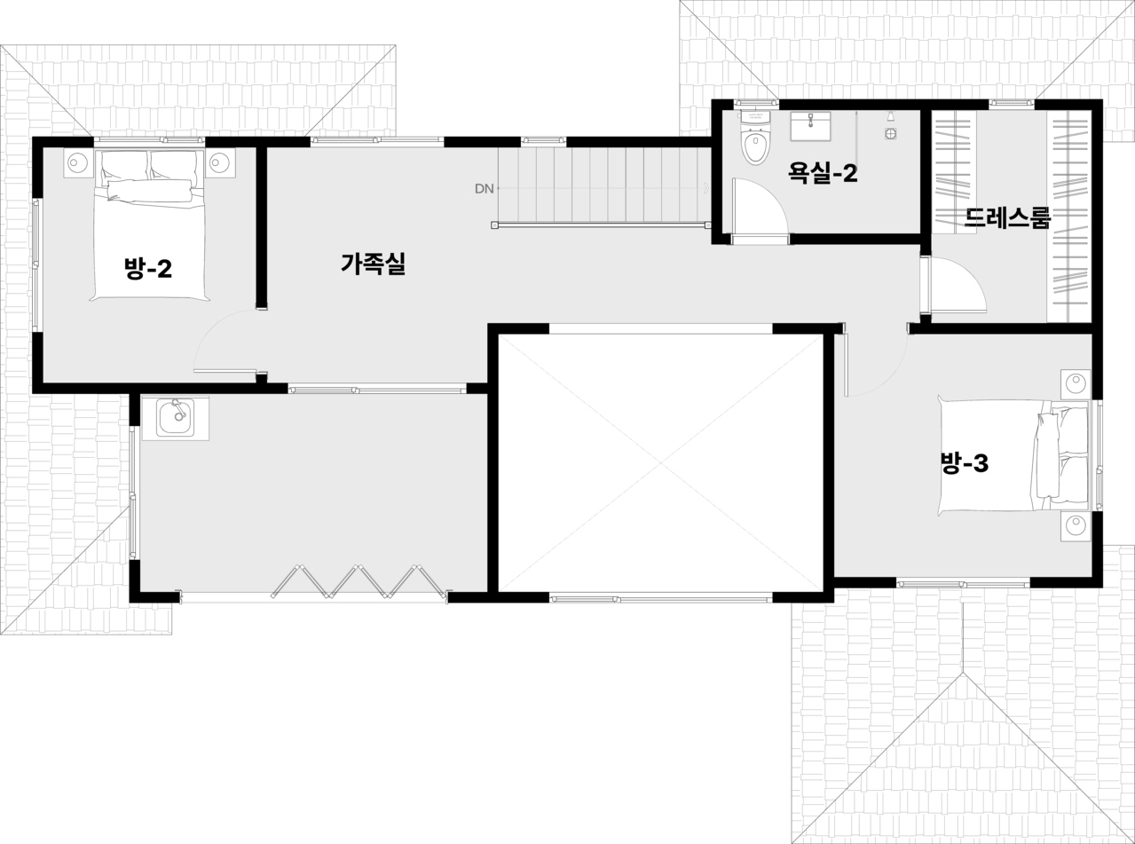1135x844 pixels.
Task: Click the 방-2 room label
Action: (x=148, y=268)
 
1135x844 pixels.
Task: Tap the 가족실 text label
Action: (x=373, y=264)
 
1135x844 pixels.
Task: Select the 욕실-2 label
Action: (x=824, y=173)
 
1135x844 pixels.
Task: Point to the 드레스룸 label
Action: (x=1007, y=218)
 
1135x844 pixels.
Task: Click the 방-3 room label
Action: (x=964, y=462)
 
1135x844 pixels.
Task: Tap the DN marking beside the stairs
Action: (x=484, y=188)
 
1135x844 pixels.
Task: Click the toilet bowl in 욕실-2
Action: (x=755, y=146)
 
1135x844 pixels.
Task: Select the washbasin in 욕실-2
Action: (x=809, y=127)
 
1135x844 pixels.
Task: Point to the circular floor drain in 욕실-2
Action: (x=890, y=134)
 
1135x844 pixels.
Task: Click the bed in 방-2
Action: (x=149, y=226)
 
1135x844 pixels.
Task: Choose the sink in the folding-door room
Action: (x=175, y=416)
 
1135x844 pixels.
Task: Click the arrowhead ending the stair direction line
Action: (x=705, y=188)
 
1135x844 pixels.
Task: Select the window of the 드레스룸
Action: (x=1012, y=104)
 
